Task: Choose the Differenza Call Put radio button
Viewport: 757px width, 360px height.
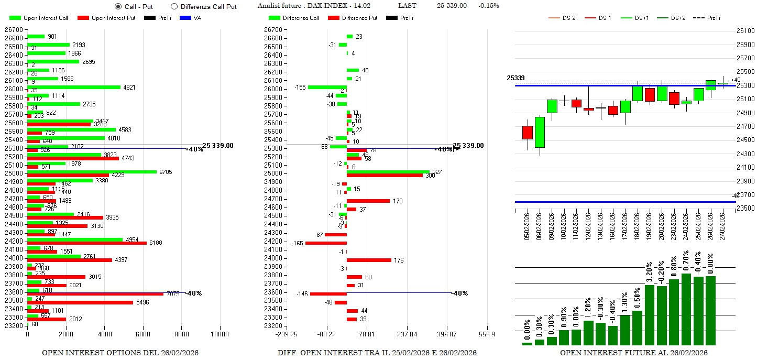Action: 174,6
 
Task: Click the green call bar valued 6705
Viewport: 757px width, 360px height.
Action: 92,171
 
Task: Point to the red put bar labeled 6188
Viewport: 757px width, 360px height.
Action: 86,243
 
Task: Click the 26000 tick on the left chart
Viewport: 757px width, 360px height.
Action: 14,89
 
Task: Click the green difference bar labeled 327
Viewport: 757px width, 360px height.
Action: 388,171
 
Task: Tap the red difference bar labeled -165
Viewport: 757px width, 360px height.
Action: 326,243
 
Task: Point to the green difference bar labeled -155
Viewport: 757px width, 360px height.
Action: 327,87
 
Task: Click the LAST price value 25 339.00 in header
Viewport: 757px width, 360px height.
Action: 452,6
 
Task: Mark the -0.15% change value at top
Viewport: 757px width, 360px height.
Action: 488,6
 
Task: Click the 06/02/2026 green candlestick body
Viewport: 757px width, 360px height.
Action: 540,132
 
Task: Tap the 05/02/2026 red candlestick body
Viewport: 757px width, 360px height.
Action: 528,133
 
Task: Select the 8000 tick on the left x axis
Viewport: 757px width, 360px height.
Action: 181,334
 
